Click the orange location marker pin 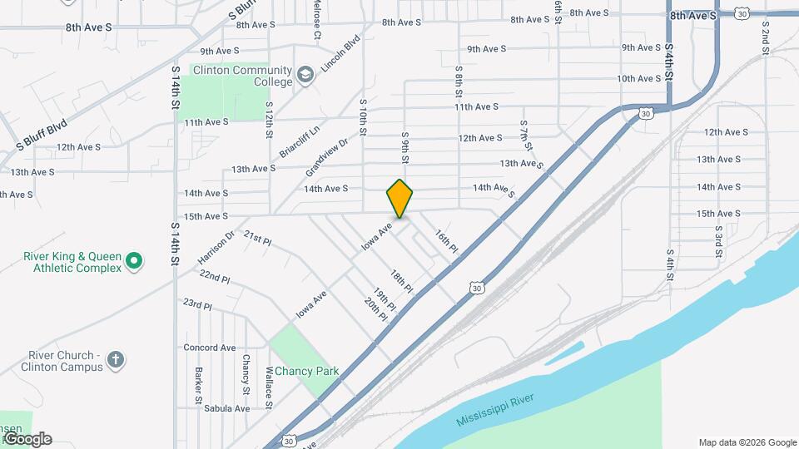399,198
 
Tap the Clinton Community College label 242,76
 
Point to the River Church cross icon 115,360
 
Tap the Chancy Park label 307,371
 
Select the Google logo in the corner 27,439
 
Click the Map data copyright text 747,442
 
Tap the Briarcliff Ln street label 300,141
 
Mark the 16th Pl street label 447,242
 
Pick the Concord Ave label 209,348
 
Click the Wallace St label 269,387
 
